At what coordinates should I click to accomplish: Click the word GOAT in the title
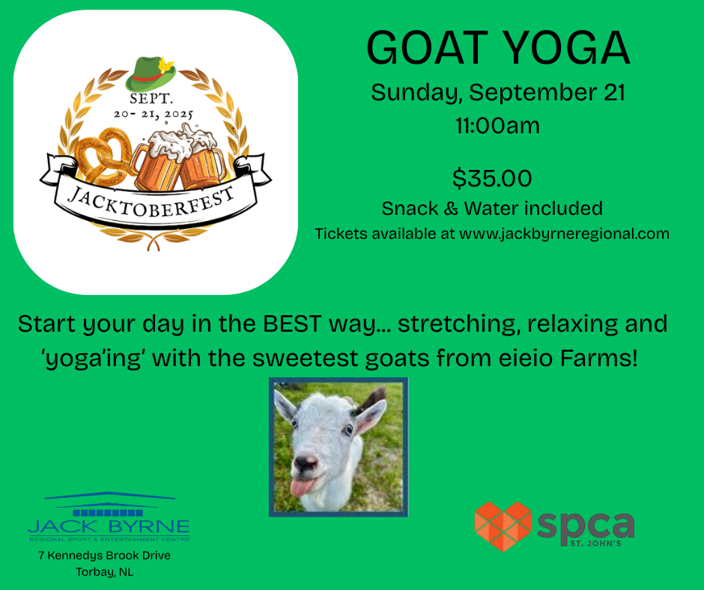[427, 48]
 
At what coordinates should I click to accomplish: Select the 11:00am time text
[497, 125]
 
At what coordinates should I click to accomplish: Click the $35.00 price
[492, 178]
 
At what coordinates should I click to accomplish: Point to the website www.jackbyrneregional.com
[565, 234]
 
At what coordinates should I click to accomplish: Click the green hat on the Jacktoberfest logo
[151, 74]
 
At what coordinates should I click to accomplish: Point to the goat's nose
[306, 463]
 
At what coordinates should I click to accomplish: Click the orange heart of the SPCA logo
[503, 526]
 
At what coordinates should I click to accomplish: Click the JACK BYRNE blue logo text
[109, 526]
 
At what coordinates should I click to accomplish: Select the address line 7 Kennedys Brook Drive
[105, 556]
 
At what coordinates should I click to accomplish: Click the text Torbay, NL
[105, 572]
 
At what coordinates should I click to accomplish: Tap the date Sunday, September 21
[498, 93]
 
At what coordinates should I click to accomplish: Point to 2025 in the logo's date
[179, 115]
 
